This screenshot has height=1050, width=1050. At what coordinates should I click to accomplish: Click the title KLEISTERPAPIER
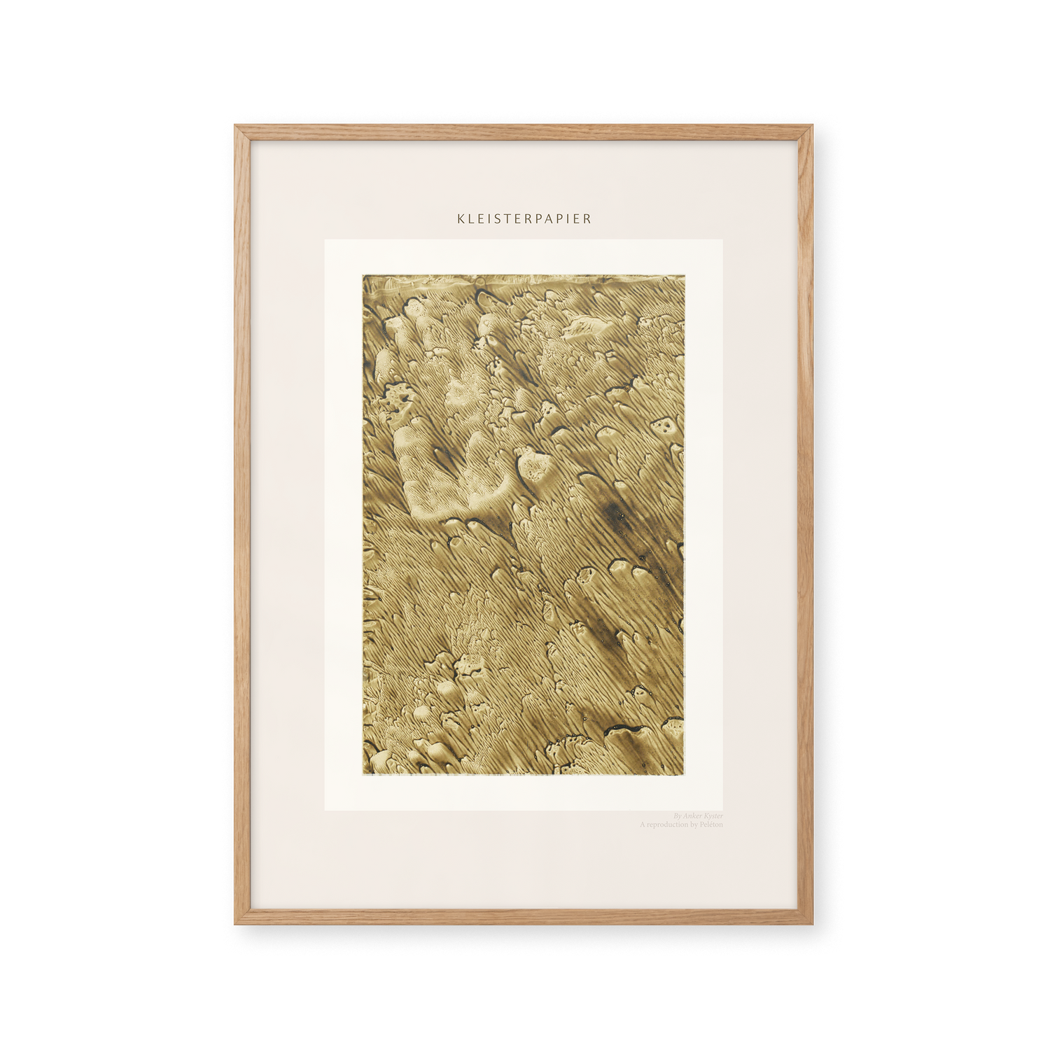[524, 218]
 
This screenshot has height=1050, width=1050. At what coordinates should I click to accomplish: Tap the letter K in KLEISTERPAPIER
[460, 218]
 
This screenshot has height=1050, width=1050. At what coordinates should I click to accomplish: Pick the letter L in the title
[470, 218]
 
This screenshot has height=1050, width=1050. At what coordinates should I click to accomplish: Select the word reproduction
[668, 825]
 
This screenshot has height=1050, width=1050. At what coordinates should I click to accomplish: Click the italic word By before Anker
[677, 816]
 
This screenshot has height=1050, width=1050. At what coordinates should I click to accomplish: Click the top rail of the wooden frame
[525, 128]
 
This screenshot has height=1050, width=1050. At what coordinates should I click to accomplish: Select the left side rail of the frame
[238, 525]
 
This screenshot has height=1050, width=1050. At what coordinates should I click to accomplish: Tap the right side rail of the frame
[812, 525]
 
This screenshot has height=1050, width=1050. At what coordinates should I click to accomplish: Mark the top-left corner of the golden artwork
[364, 276]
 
